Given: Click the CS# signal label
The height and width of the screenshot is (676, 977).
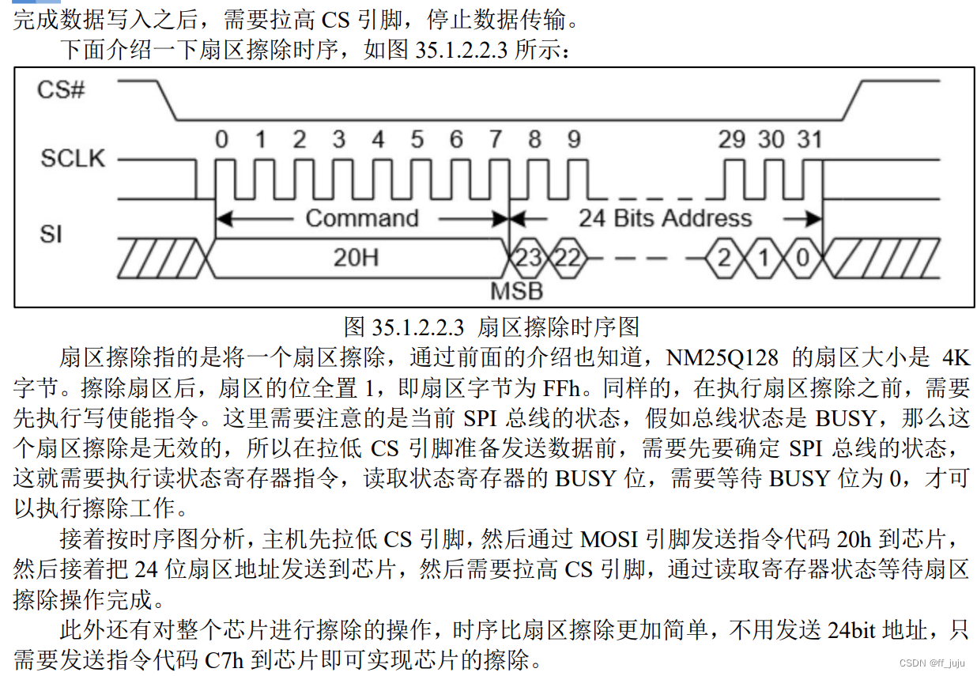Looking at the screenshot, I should pos(62,89).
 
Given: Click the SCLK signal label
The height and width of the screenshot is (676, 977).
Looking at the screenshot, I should pos(72,158).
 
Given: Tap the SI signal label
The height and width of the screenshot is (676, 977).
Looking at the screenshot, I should pos(51,234).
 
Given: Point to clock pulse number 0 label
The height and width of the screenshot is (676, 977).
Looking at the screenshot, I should pos(222,140).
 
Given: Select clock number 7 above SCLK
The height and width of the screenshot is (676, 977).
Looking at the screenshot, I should pos(495,140).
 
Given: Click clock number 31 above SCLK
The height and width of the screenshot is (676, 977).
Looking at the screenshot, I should pos(809,140).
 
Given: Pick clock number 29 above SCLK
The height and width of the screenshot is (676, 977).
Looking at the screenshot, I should pos(731,140).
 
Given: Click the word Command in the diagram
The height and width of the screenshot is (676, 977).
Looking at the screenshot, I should pos(361,218).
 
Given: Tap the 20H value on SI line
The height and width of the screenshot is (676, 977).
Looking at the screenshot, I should pos(356,257).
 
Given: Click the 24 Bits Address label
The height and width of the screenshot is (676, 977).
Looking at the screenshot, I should pos(665,218).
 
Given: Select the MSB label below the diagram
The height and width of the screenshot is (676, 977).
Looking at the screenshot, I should pos(517,290).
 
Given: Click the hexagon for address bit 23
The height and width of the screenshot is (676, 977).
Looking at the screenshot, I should pos(527,258).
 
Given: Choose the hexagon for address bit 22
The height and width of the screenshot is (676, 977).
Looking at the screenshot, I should pos(566,258).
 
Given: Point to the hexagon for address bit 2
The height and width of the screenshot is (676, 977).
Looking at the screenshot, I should pos(723,258).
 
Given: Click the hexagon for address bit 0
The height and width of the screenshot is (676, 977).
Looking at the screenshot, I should pos(802,258).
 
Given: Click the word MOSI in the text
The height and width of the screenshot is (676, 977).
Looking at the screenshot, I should pos(609,539).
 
